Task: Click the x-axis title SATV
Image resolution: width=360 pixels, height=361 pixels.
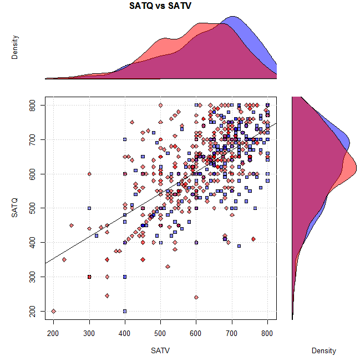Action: (160, 351)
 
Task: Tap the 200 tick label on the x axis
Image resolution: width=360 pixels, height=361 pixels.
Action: (54, 333)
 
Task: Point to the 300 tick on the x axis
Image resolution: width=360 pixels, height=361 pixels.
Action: (89, 333)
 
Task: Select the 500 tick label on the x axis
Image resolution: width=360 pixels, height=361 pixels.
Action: (161, 333)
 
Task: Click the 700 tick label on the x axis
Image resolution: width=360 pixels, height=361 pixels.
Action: (232, 333)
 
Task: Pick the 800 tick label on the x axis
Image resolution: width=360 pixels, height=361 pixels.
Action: (268, 333)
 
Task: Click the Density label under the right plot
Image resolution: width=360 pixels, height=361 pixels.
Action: (323, 351)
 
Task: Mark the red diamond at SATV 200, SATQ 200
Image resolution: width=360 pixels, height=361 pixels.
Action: (54, 311)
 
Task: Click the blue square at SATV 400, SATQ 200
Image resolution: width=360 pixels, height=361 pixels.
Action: (125, 311)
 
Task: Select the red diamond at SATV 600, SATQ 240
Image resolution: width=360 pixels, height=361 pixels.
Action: (196, 297)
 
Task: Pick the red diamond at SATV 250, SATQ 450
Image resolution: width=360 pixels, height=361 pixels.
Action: (72, 225)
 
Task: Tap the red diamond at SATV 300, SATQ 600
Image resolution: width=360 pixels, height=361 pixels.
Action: (89, 174)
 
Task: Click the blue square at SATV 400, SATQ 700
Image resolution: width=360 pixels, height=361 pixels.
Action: (125, 139)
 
